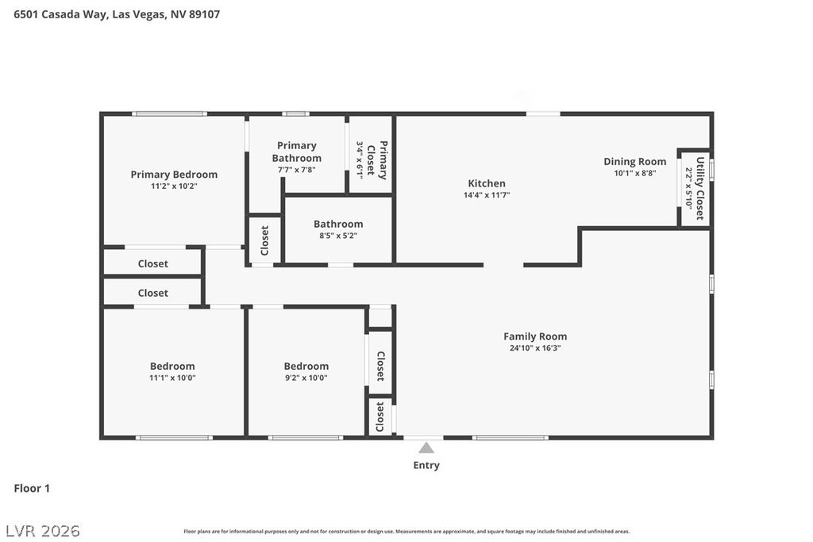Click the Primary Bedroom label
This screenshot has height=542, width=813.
click(x=174, y=175)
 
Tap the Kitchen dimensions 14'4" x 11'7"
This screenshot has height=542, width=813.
click(x=487, y=194)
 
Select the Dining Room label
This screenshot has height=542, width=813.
click(x=634, y=162)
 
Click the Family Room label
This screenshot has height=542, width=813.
click(x=535, y=336)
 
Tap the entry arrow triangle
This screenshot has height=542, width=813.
click(x=426, y=448)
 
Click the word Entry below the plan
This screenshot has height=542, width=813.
click(x=426, y=466)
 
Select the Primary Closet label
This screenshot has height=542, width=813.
click(x=383, y=160)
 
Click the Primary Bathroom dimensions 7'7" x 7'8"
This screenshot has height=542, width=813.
click(x=297, y=170)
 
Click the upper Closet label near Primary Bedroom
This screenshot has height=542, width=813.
click(x=153, y=264)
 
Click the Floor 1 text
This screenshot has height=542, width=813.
click(x=32, y=489)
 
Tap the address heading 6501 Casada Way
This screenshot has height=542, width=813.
click(x=117, y=14)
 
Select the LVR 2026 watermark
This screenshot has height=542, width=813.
click(x=43, y=530)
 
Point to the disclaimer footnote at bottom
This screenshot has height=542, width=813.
click(x=406, y=532)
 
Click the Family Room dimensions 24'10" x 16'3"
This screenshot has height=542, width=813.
click(x=535, y=348)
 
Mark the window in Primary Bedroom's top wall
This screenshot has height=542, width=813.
click(x=170, y=114)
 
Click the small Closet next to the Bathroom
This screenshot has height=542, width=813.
click(x=265, y=240)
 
